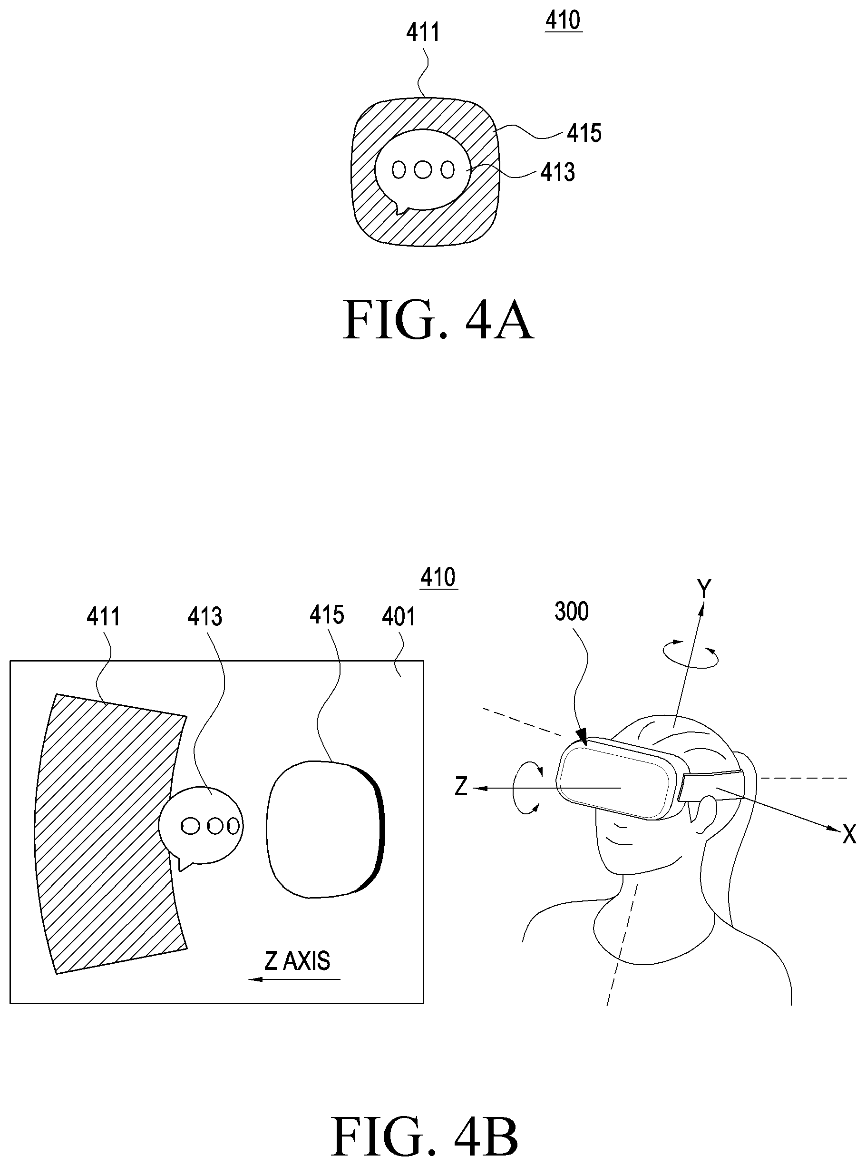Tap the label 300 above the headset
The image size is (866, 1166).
(572, 612)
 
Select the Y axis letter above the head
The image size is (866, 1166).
(704, 589)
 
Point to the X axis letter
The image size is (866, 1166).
(849, 834)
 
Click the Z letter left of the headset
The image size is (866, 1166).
(461, 787)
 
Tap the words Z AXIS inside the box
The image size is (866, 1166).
(297, 961)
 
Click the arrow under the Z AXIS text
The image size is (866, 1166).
(294, 979)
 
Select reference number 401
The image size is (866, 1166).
(399, 616)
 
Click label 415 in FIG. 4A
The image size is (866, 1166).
(584, 133)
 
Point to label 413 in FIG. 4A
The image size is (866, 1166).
(558, 172)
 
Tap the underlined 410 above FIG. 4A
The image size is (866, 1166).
(564, 20)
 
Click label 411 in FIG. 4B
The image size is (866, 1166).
(103, 616)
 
